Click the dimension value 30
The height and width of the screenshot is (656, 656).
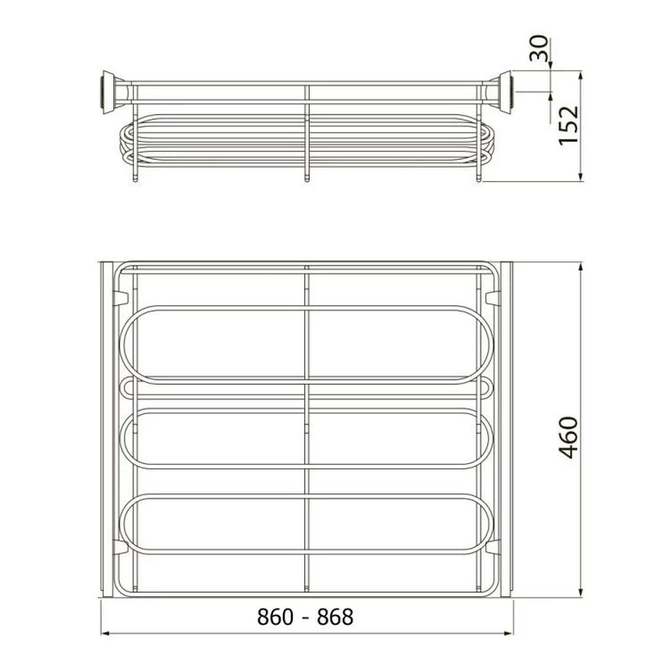point(539,48)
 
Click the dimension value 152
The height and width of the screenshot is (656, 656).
point(569,125)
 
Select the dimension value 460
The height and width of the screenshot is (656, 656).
point(569,437)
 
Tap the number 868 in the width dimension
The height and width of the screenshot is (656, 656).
point(335,617)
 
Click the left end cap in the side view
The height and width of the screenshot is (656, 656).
point(110,93)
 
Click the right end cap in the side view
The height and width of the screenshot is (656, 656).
point(503,93)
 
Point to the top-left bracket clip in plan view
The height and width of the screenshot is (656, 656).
point(120,298)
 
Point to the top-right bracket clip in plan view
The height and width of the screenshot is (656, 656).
point(494,298)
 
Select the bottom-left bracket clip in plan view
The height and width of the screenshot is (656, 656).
point(120,547)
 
